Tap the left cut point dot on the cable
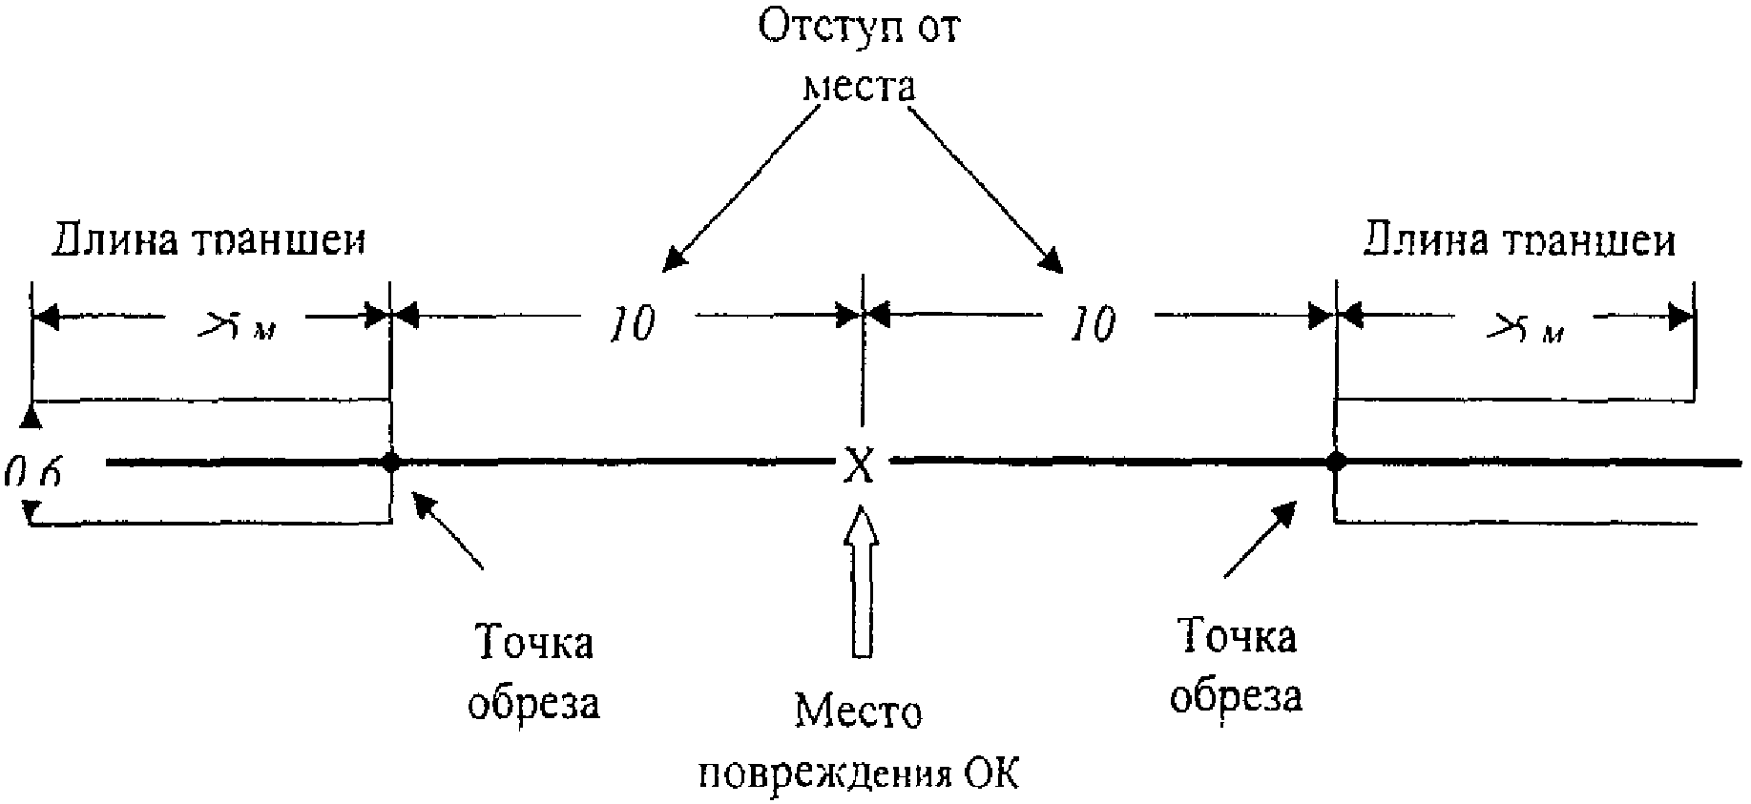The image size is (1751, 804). (390, 463)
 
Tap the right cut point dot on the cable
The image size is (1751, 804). (1336, 463)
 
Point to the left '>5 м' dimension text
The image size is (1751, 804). (237, 327)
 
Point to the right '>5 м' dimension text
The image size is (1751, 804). (1524, 329)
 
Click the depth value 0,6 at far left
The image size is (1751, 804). (32, 470)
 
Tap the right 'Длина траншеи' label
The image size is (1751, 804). (1519, 240)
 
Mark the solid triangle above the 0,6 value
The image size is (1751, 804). (31, 416)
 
